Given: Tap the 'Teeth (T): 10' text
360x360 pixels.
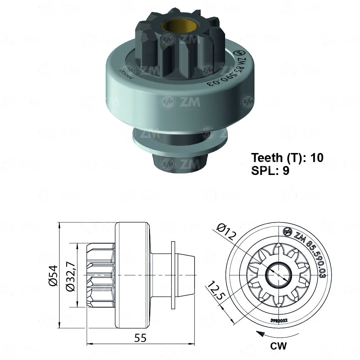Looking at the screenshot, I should click(x=287, y=158).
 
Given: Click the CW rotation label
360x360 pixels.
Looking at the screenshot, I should click(x=278, y=346).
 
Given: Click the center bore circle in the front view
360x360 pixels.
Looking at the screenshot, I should click(x=278, y=275).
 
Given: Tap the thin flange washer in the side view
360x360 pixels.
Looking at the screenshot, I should click(x=174, y=275).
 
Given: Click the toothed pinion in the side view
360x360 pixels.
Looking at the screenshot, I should click(x=101, y=275).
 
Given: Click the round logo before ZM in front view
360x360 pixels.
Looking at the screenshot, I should click(x=287, y=232).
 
